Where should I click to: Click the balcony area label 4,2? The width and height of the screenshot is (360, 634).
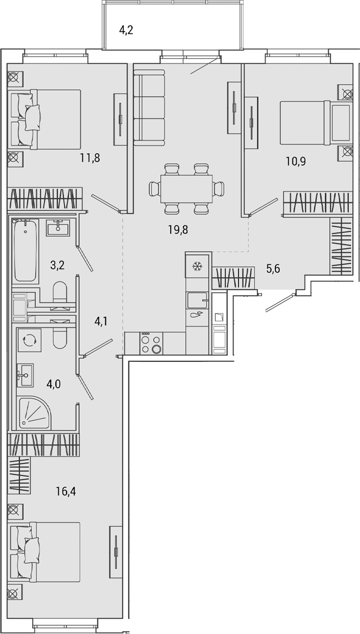(127, 31)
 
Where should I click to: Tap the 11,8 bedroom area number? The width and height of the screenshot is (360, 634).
(90, 157)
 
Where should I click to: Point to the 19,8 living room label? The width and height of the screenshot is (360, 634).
(179, 229)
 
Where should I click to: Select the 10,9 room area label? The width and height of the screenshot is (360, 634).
(295, 162)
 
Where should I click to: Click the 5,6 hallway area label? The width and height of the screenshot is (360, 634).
(273, 268)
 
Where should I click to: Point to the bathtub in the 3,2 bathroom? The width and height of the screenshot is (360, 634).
(25, 251)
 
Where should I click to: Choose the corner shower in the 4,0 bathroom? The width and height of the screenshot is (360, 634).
(35, 413)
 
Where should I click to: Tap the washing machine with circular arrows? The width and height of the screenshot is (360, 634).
(29, 340)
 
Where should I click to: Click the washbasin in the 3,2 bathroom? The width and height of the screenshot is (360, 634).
(58, 227)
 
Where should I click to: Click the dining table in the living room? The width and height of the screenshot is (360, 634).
(187, 189)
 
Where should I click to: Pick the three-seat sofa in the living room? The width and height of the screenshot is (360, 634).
(149, 107)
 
